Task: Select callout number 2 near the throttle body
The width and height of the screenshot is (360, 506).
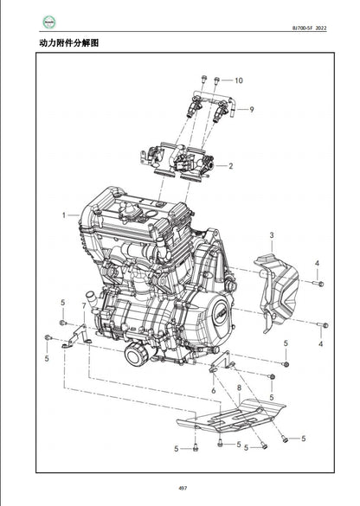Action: point(230,165)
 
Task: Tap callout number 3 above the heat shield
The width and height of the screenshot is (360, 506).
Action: point(271,235)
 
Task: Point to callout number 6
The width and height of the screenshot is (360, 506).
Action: point(211,391)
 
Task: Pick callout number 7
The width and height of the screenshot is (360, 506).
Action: point(84,305)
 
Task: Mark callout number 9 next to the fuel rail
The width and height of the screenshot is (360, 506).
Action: point(251,109)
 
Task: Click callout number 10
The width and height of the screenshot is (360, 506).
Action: point(239,80)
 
